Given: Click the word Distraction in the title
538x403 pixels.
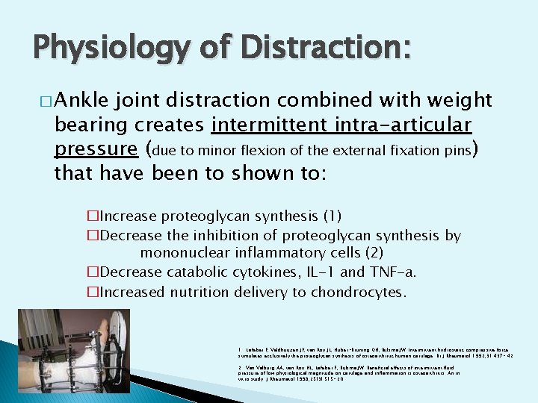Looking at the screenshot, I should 332,50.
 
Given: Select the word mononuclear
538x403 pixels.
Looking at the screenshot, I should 188,254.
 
